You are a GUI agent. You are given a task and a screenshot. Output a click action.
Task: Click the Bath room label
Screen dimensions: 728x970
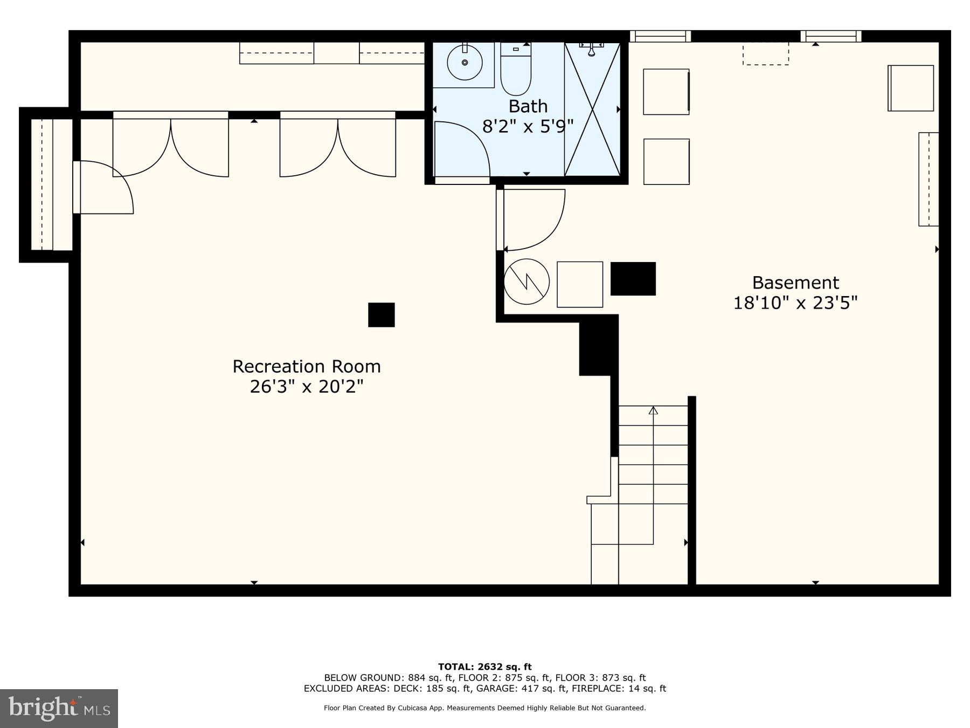click(x=528, y=106)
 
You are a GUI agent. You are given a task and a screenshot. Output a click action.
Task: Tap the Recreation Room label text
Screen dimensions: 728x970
click(x=306, y=367)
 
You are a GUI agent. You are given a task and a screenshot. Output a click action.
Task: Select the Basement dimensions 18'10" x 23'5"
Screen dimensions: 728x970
click(x=795, y=303)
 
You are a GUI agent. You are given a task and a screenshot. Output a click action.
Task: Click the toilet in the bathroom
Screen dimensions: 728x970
click(x=516, y=70)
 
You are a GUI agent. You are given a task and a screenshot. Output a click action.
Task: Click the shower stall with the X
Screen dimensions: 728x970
click(x=592, y=110)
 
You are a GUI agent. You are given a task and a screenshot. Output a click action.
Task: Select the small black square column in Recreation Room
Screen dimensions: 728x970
click(x=381, y=315)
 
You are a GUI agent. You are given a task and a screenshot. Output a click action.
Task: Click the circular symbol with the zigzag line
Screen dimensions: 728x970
click(x=526, y=281)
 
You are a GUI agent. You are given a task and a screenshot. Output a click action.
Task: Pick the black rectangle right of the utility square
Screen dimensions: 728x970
click(x=633, y=279)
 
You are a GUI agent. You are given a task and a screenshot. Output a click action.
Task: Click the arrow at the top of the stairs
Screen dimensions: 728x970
click(x=653, y=411)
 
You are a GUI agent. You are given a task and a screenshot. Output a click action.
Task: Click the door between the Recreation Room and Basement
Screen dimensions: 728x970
click(x=531, y=220)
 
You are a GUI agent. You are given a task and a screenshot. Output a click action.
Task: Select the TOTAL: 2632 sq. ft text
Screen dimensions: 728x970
click(x=484, y=667)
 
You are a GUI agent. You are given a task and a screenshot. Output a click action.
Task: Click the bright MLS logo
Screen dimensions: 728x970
click(x=59, y=708)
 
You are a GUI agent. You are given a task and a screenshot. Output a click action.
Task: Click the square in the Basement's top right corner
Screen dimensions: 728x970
click(x=910, y=88)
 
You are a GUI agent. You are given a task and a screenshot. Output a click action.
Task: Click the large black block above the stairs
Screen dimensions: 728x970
click(x=598, y=346)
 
